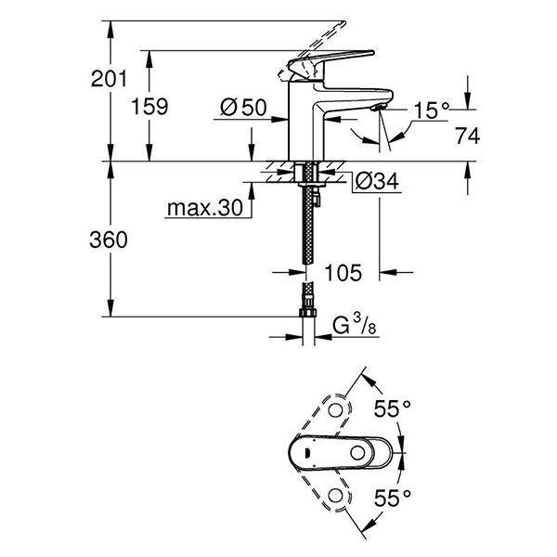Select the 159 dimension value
point(150,107)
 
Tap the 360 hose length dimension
point(110,240)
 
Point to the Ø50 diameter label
point(244,109)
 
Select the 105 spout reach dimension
point(343,273)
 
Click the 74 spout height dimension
point(468,136)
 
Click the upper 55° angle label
point(393,408)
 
